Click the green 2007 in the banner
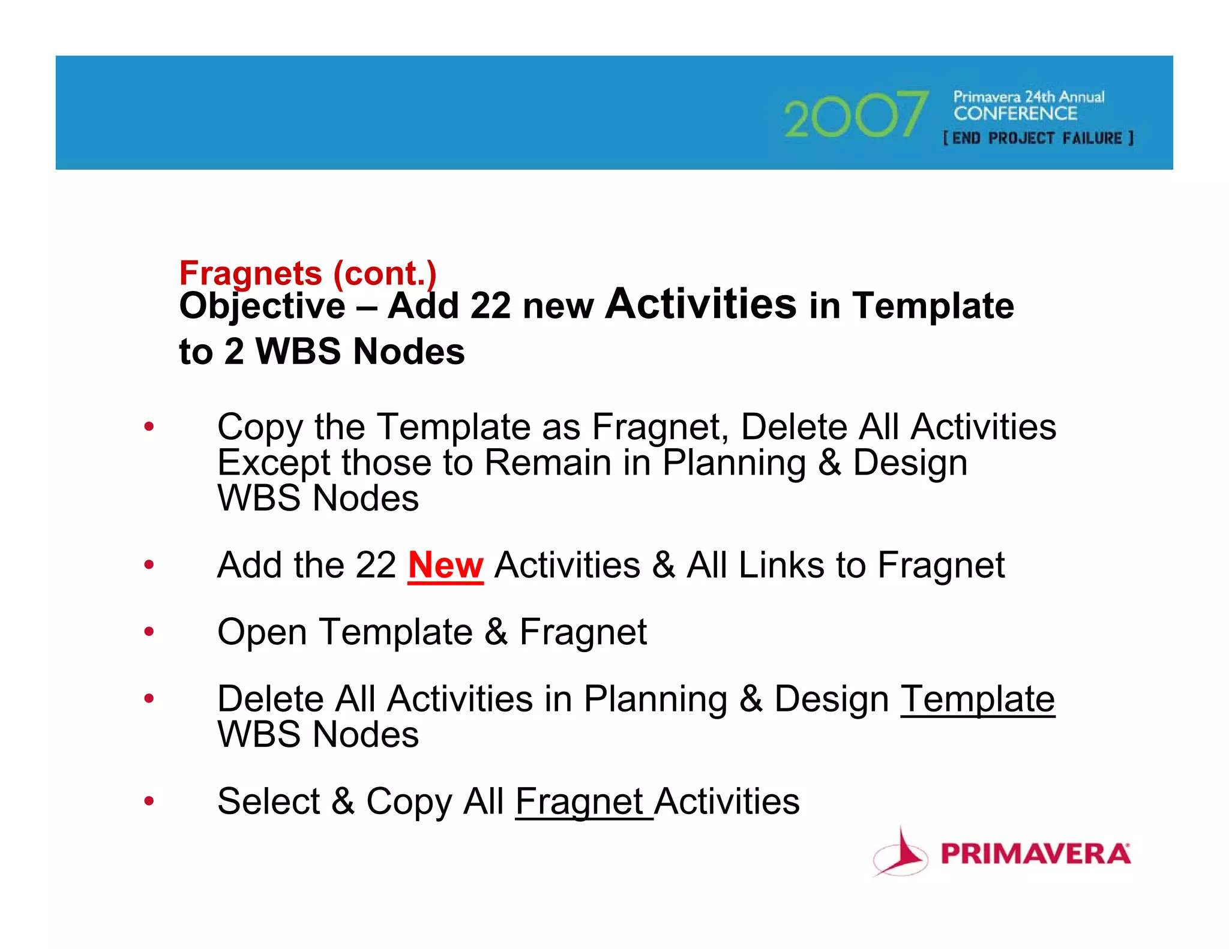pyautogui.click(x=856, y=114)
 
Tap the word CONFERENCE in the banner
pyautogui.click(x=1015, y=113)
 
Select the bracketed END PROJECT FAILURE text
pyautogui.click(x=1038, y=139)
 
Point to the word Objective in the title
pyautogui.click(x=262, y=306)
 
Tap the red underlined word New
pyautogui.click(x=445, y=565)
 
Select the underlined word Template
pyautogui.click(x=977, y=699)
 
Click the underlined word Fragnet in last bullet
pyautogui.click(x=580, y=801)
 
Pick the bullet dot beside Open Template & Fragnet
pyautogui.click(x=149, y=632)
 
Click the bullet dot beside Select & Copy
pyautogui.click(x=149, y=801)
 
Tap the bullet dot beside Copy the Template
pyautogui.click(x=149, y=427)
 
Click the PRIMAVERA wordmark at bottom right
pyautogui.click(x=1035, y=854)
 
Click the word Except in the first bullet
pyautogui.click(x=274, y=463)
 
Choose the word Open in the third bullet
pyautogui.click(x=262, y=633)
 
